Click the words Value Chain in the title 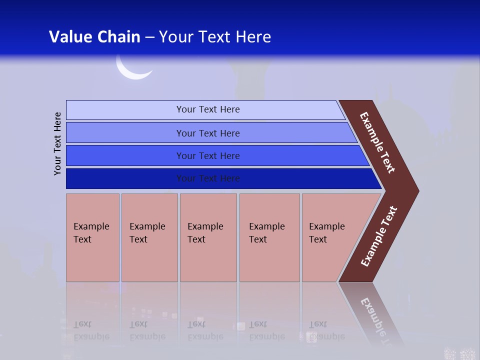pyautogui.click(x=94, y=37)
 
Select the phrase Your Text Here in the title pyautogui.click(x=215, y=37)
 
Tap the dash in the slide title pyautogui.click(x=149, y=37)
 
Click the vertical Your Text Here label pyautogui.click(x=58, y=143)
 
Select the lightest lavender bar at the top pyautogui.click(x=205, y=109)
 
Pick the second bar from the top pyautogui.click(x=207, y=133)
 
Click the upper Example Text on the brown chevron pyautogui.click(x=377, y=142)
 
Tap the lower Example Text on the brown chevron pyautogui.click(x=378, y=236)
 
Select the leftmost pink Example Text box pyautogui.click(x=92, y=237)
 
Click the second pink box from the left pyautogui.click(x=149, y=237)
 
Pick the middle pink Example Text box pyautogui.click(x=208, y=237)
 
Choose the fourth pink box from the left pyautogui.click(x=269, y=237)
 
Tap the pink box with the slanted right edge pyautogui.click(x=330, y=237)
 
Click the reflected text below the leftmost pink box pyautogui.click(x=91, y=330)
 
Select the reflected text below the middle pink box pyautogui.click(x=205, y=330)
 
